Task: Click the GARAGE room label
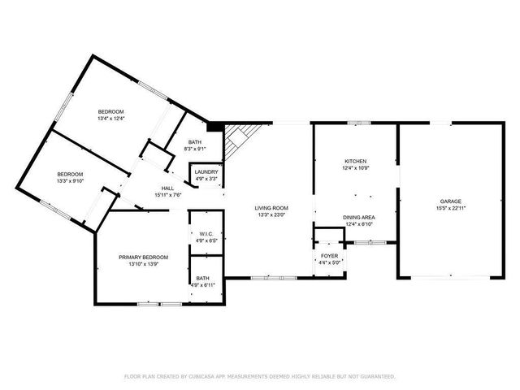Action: pos(451,201)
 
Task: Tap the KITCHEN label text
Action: pos(355,162)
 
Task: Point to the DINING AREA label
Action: pos(358,217)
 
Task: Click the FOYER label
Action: pos(330,256)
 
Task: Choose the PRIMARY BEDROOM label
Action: pos(143,258)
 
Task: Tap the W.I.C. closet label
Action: pos(206,234)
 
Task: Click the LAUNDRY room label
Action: pos(206,171)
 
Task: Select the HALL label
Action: pos(167,188)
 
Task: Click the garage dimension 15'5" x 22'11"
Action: pos(451,209)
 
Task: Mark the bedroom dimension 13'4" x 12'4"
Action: pos(110,119)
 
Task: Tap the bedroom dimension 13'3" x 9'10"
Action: pos(70,182)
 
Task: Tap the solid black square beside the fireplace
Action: pos(215,127)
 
